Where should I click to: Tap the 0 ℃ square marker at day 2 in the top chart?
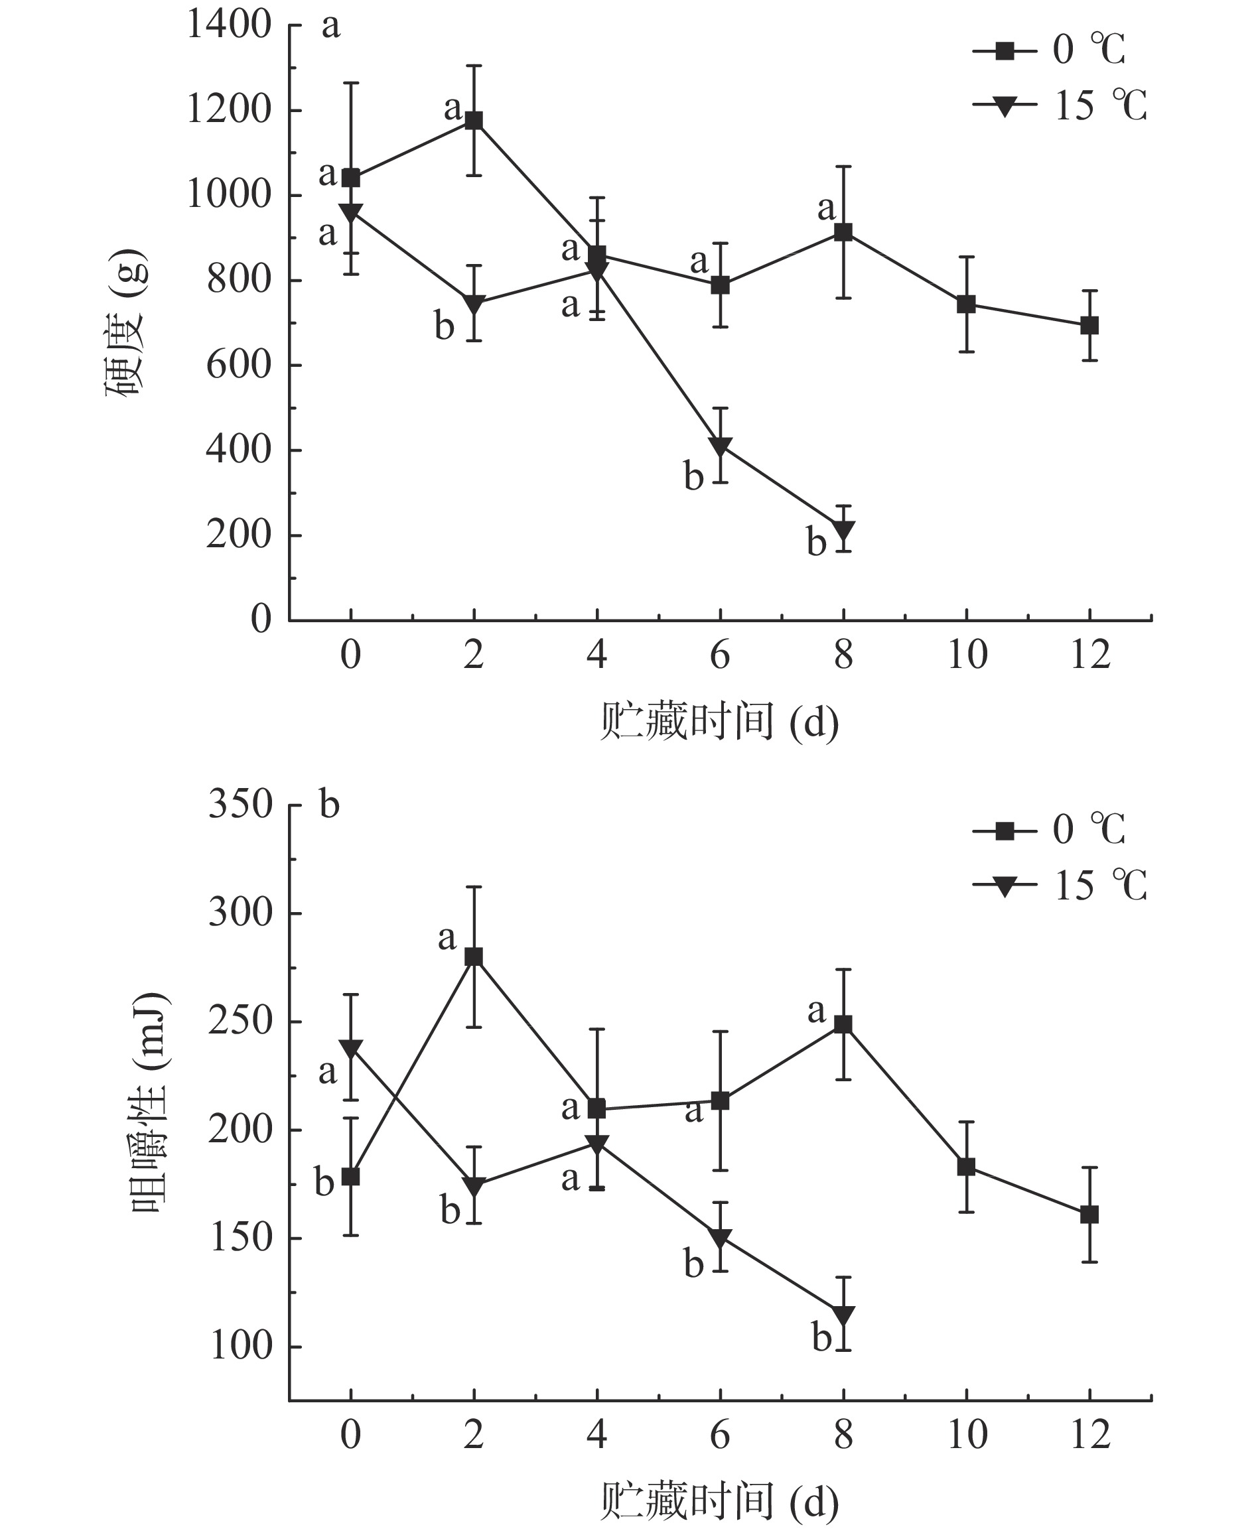pos(474,120)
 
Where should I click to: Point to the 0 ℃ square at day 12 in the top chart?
pos(1089,325)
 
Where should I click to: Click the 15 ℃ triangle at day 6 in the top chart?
pos(720,446)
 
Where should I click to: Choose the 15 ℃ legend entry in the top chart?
pos(1059,105)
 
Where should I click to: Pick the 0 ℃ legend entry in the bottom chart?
pos(1049,830)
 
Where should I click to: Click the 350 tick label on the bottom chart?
pos(240,805)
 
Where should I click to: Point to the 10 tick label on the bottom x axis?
pos(967,1434)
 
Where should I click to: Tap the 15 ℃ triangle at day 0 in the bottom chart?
pos(350,1049)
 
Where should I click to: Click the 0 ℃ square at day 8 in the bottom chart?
pos(843,1025)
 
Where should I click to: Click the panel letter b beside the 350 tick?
pos(329,805)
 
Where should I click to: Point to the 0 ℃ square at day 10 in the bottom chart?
pos(967,1166)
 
